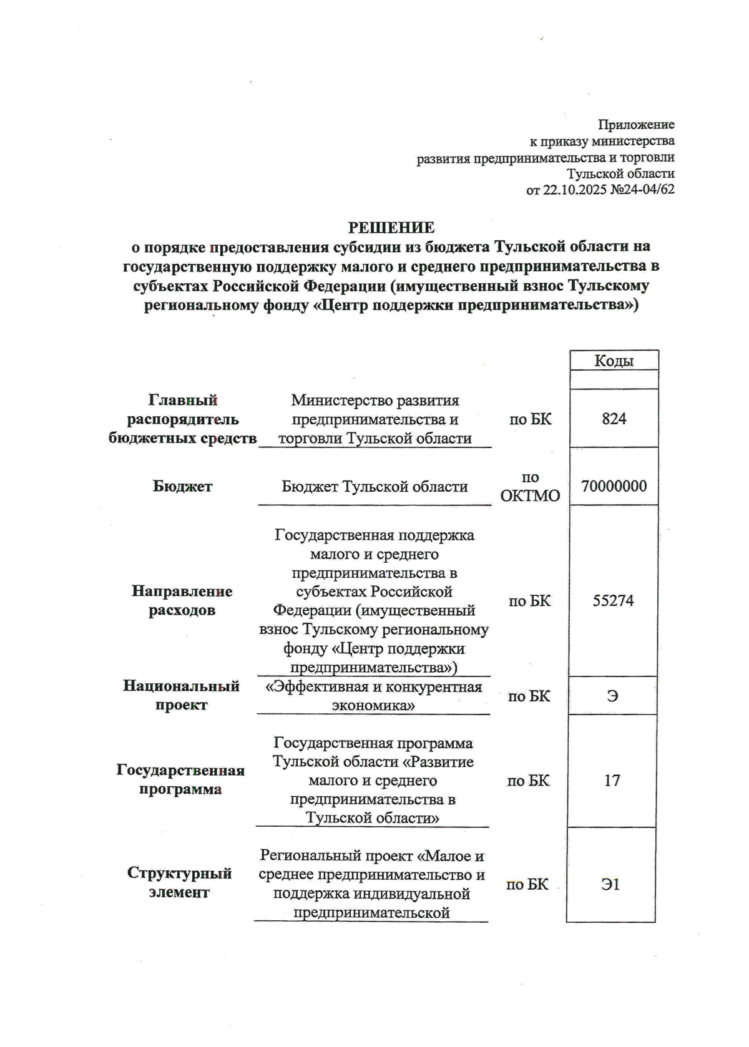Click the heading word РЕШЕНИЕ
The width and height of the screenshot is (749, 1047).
(391, 228)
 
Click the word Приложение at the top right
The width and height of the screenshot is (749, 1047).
(636, 124)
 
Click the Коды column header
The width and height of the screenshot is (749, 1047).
(614, 361)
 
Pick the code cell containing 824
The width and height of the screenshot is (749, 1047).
(614, 419)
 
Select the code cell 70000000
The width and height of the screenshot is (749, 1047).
(614, 486)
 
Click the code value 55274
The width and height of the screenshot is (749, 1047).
(613, 601)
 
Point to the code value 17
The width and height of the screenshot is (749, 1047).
(612, 781)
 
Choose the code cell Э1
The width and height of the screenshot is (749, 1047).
(610, 884)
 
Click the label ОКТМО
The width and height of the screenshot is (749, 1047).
(530, 497)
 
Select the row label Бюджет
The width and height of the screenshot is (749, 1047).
(182, 487)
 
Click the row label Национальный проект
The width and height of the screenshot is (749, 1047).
(181, 696)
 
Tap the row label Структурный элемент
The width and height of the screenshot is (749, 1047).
(179, 882)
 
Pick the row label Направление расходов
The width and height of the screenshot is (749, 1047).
(182, 600)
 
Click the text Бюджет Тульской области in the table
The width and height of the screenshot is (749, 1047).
(374, 487)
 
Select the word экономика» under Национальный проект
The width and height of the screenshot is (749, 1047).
(373, 706)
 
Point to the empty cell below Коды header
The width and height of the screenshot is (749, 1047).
(614, 379)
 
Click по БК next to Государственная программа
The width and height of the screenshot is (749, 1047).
(528, 781)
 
